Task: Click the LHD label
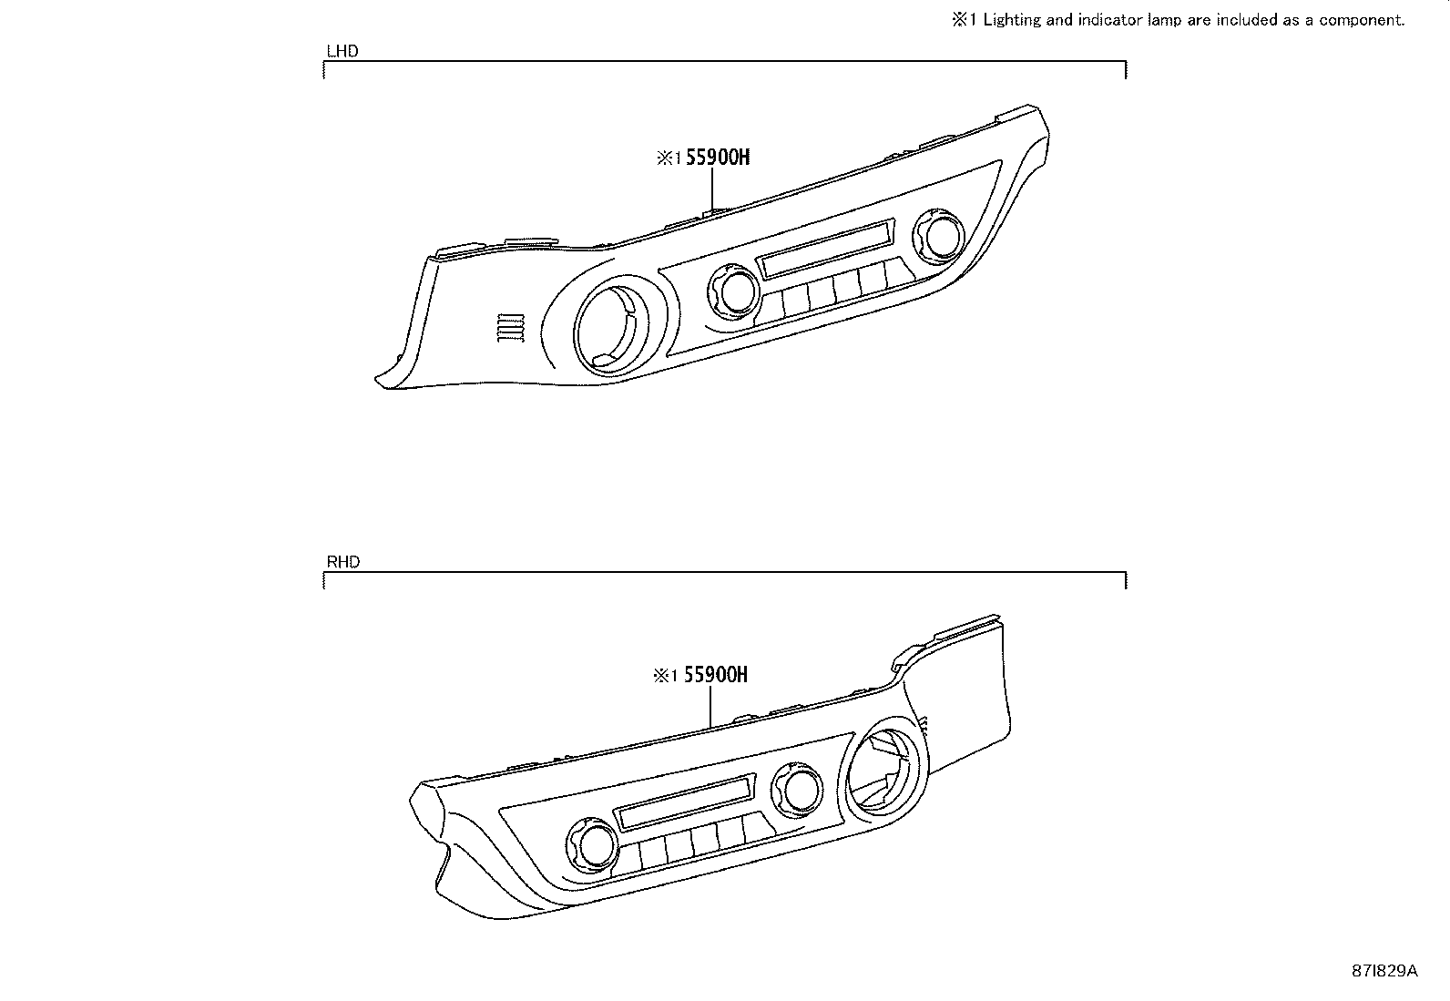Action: pyautogui.click(x=342, y=51)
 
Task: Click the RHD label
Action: pyautogui.click(x=342, y=562)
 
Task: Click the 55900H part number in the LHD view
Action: pyautogui.click(x=717, y=158)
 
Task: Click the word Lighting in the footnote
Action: pyautogui.click(x=1013, y=20)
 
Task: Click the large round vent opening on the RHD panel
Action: pyautogui.click(x=882, y=763)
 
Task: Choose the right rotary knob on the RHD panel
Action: pyautogui.click(x=799, y=790)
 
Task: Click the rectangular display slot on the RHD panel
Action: pyautogui.click(x=686, y=801)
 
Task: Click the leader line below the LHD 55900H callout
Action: pyautogui.click(x=712, y=189)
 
